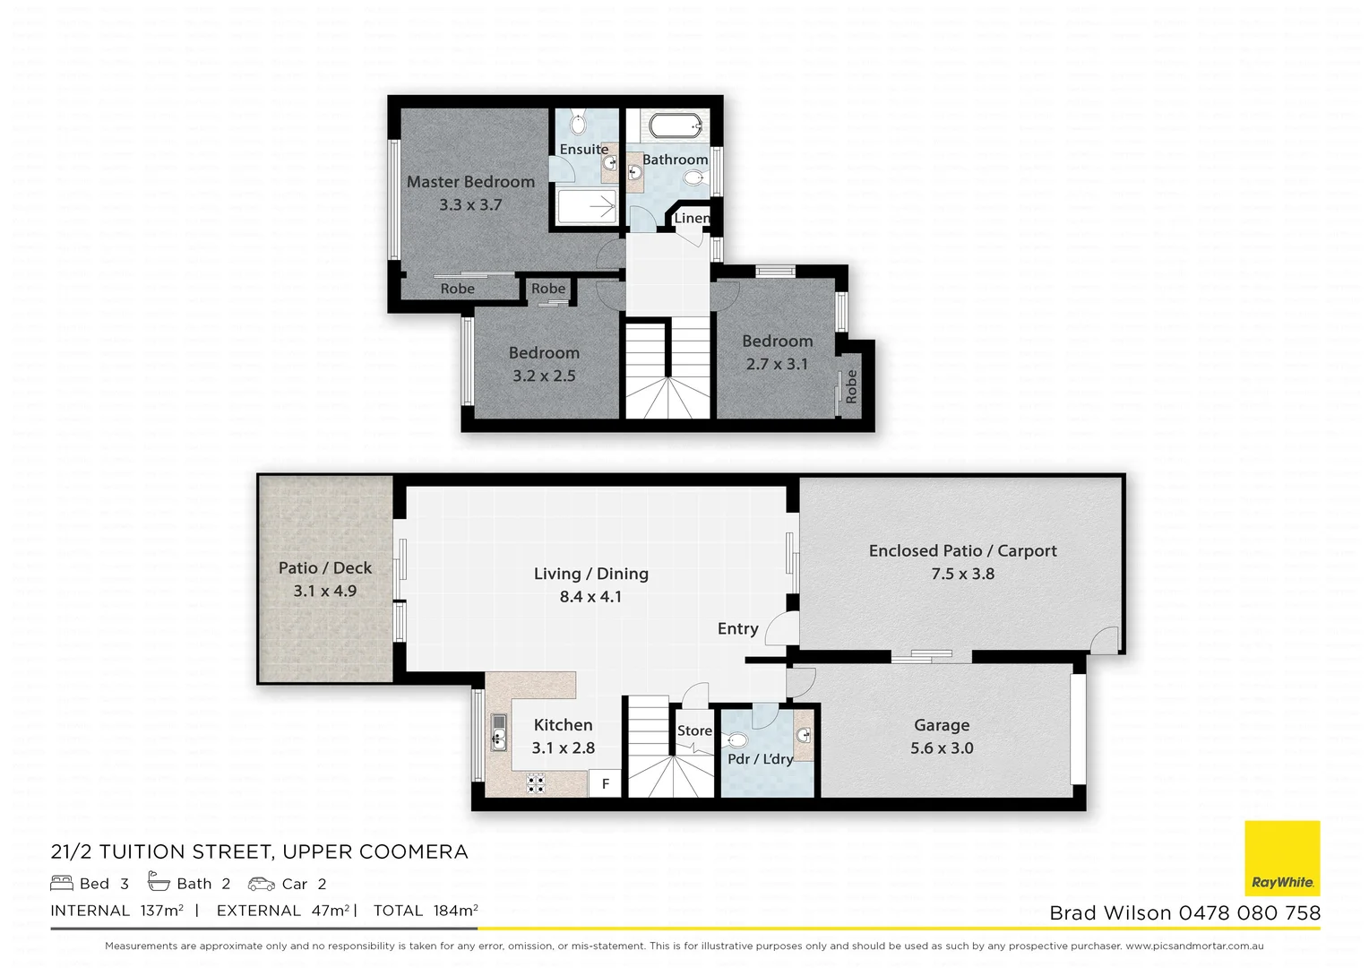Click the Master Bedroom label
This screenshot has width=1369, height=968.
(470, 182)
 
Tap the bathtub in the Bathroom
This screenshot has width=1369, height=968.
(678, 125)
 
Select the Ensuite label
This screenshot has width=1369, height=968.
(584, 150)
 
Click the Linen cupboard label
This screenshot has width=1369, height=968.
(692, 218)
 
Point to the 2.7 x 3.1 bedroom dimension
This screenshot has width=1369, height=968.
(777, 364)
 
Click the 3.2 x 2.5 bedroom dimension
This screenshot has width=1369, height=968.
(544, 376)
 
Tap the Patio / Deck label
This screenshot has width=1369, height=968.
(324, 567)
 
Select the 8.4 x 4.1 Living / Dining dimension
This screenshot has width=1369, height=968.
(590, 597)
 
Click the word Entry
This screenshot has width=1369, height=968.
(737, 628)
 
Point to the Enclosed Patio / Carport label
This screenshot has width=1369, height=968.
(962, 550)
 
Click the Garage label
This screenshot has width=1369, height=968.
(942, 725)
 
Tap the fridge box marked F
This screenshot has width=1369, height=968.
(606, 783)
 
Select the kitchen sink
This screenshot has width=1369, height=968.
(498, 732)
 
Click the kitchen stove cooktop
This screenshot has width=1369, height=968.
(535, 784)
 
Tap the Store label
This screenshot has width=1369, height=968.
(694, 730)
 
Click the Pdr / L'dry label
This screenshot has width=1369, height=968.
(760, 759)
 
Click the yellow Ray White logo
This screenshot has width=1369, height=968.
(1282, 858)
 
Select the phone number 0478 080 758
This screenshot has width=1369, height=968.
(1249, 913)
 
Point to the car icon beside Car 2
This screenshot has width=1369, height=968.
(262, 884)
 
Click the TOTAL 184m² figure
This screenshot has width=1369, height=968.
(426, 911)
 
